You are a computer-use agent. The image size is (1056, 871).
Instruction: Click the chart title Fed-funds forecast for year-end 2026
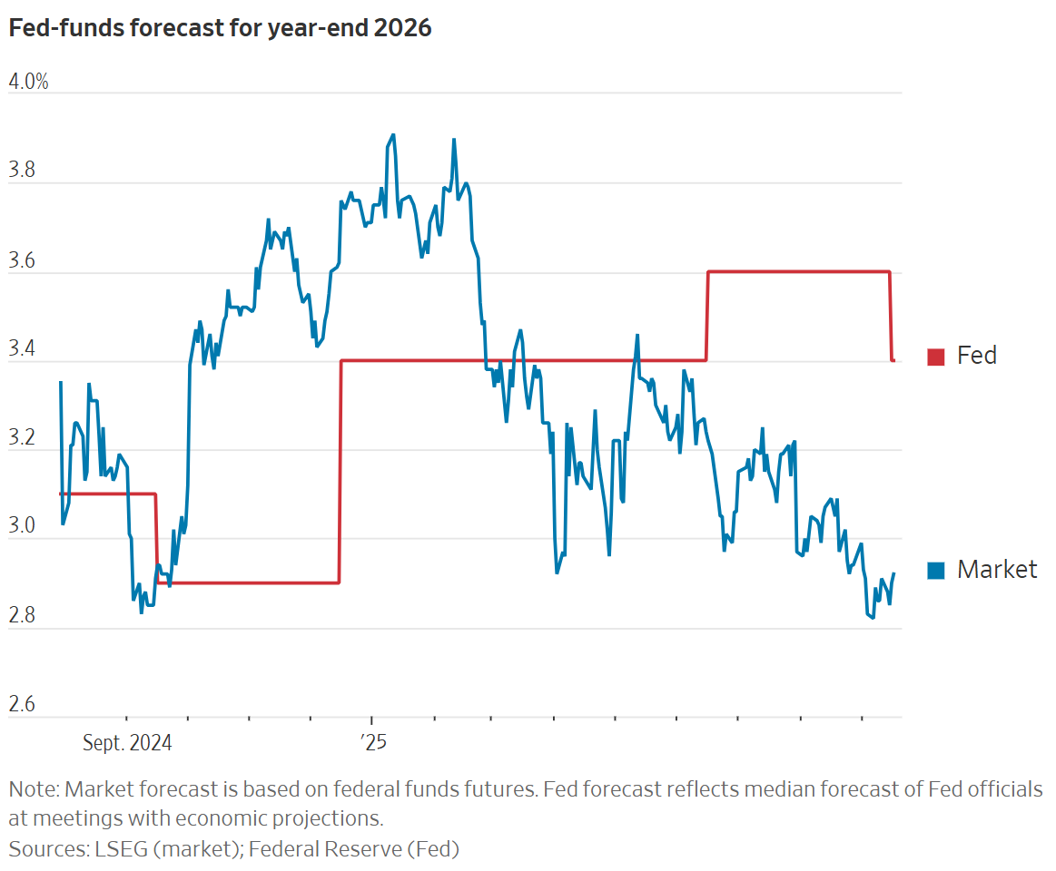(x=220, y=29)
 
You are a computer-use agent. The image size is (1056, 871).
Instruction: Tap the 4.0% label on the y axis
(x=28, y=82)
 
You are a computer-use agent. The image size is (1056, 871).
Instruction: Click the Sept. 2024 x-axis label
(x=126, y=743)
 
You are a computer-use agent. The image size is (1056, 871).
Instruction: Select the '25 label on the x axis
(x=372, y=743)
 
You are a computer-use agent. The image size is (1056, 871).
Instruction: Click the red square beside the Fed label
(x=936, y=357)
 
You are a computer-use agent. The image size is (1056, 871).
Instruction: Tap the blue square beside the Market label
(x=936, y=571)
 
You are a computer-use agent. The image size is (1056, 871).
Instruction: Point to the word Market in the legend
(x=997, y=570)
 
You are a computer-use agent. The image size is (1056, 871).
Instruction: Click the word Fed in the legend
(x=977, y=356)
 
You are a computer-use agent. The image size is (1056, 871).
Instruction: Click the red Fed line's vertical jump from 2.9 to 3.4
(x=340, y=472)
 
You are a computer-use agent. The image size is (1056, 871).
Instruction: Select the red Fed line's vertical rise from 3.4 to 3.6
(x=706, y=316)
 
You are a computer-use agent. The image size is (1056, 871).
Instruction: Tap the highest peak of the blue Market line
(x=393, y=134)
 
